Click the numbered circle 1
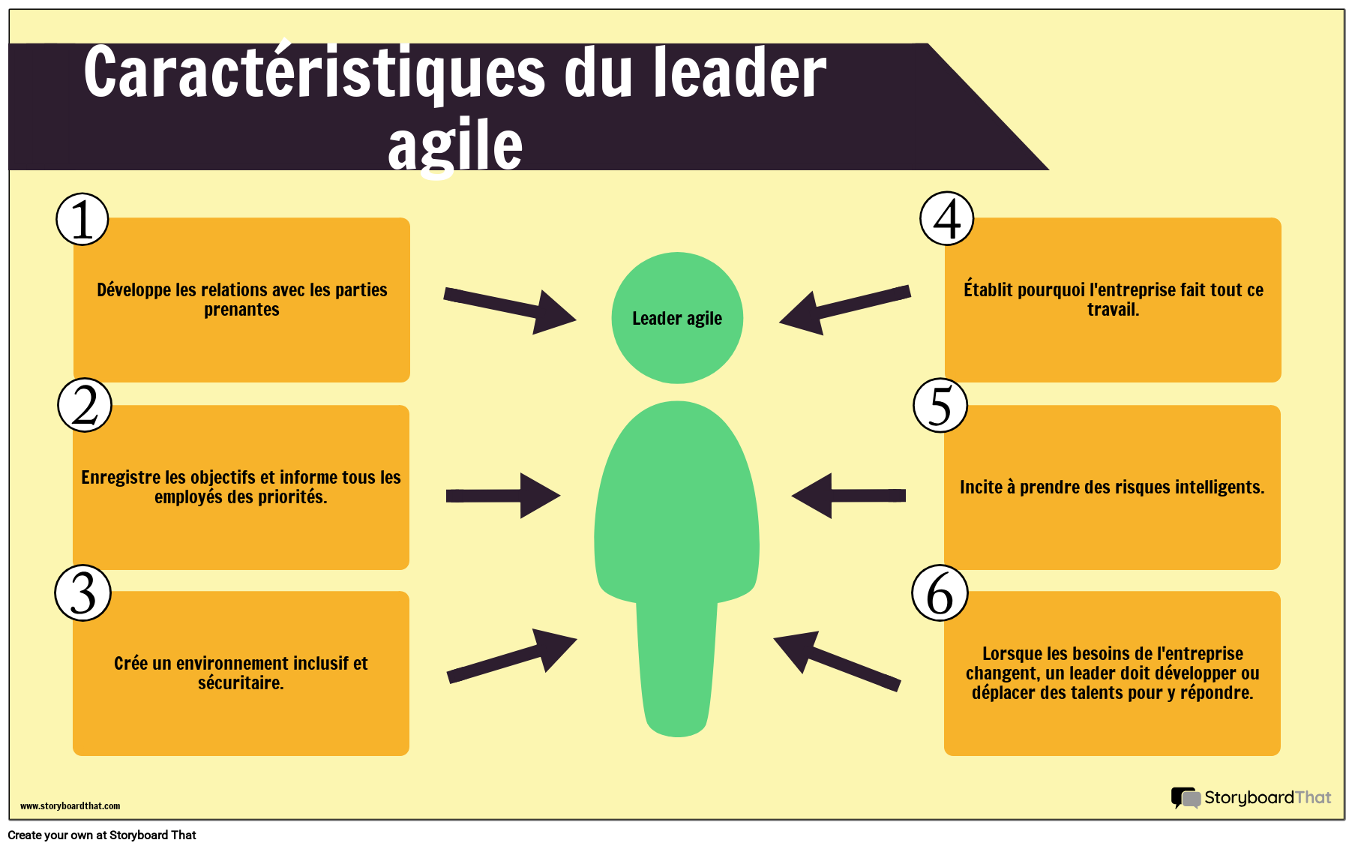[x=82, y=220]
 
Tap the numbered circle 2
[x=85, y=405]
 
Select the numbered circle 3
[x=83, y=592]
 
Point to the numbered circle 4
[x=947, y=219]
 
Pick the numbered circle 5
[x=940, y=406]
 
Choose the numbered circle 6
[x=940, y=593]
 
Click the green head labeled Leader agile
[x=677, y=318]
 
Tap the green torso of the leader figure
[x=677, y=568]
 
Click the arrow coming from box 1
[x=510, y=309]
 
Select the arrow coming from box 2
[x=503, y=496]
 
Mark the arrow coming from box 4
[x=845, y=310]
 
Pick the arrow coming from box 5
[x=849, y=496]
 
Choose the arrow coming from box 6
[x=837, y=660]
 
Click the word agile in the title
[x=455, y=146]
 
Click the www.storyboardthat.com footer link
[x=70, y=806]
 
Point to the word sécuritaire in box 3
[x=241, y=683]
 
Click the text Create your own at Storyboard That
[x=102, y=835]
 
